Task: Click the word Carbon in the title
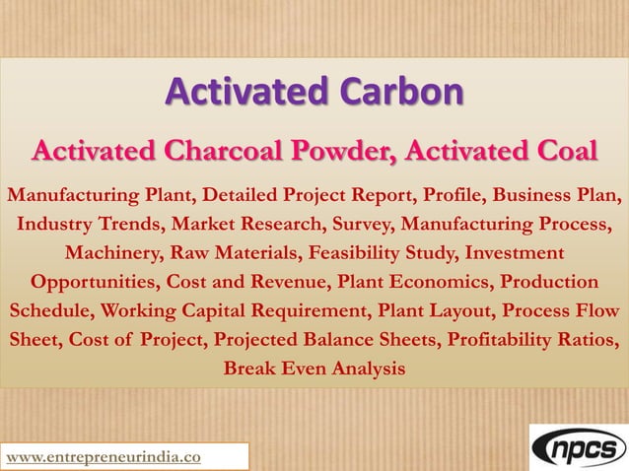[x=400, y=96]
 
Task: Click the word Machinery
[x=109, y=251]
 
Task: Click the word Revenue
[x=289, y=281]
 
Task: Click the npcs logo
[x=577, y=448]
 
